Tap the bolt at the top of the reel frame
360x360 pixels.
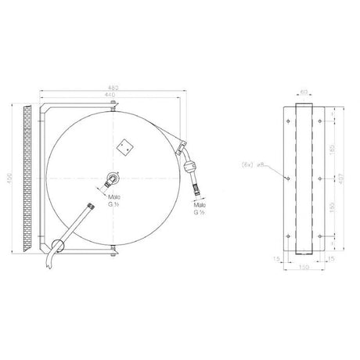(113, 105)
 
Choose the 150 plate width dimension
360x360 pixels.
(304, 268)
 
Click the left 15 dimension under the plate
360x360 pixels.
(276, 257)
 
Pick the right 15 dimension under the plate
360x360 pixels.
(333, 257)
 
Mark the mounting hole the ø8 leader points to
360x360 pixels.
(289, 178)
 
